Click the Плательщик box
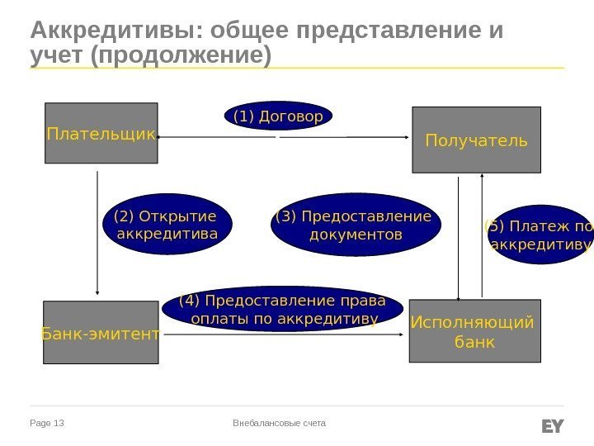click(101, 132)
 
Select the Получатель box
click(476, 140)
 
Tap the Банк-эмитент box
click(100, 332)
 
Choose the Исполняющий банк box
click(474, 330)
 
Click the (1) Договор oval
click(278, 116)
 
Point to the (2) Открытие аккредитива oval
click(167, 225)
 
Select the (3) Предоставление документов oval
click(356, 225)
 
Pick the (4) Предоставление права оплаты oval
click(284, 309)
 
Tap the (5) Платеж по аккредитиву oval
click(540, 235)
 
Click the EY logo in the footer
click(552, 425)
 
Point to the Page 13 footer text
click(47, 424)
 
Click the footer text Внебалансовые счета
click(280, 424)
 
